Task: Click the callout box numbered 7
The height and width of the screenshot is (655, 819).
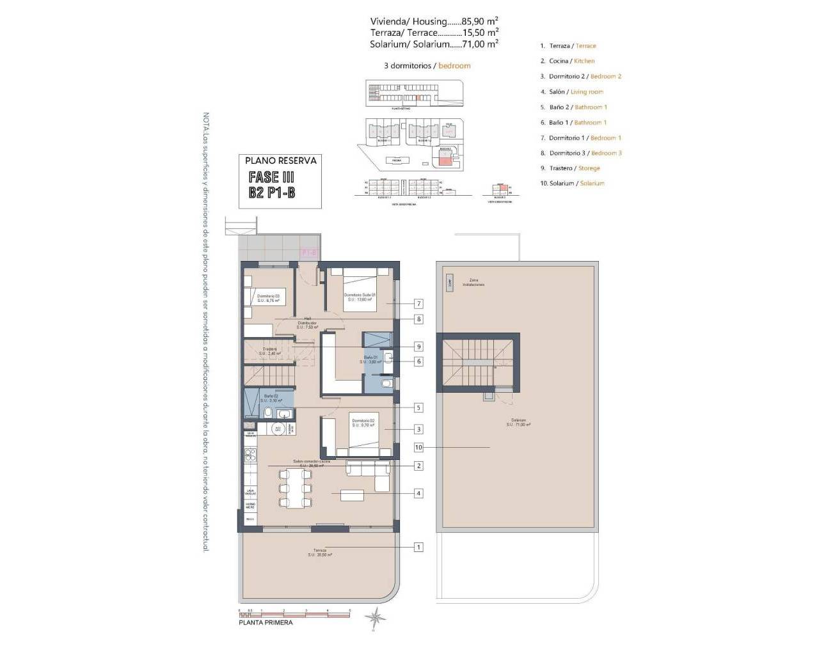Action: [x=418, y=304]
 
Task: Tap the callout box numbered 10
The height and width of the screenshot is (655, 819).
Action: [x=418, y=448]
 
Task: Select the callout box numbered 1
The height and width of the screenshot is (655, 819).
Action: [x=418, y=547]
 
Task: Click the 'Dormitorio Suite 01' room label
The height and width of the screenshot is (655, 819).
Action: [x=360, y=297]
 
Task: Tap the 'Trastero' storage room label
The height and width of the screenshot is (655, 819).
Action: [x=269, y=351]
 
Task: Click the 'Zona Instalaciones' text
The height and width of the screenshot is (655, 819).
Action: [x=477, y=282]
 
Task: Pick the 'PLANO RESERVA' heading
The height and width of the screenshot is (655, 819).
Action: [x=281, y=161]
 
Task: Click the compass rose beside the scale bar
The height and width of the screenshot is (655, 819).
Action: [x=376, y=618]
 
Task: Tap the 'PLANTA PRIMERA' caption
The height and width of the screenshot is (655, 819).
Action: [x=266, y=622]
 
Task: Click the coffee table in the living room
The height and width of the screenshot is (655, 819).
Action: [x=352, y=494]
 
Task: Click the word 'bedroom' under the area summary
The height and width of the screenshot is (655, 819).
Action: [x=454, y=65]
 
